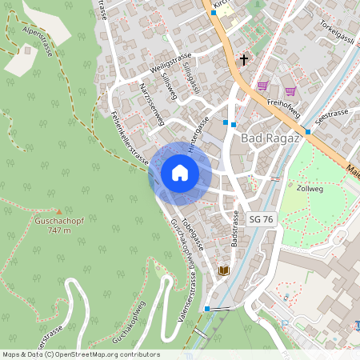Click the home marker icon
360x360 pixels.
click(x=180, y=172)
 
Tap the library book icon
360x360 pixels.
click(x=224, y=271)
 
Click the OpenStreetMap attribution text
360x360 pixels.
click(x=80, y=354)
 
